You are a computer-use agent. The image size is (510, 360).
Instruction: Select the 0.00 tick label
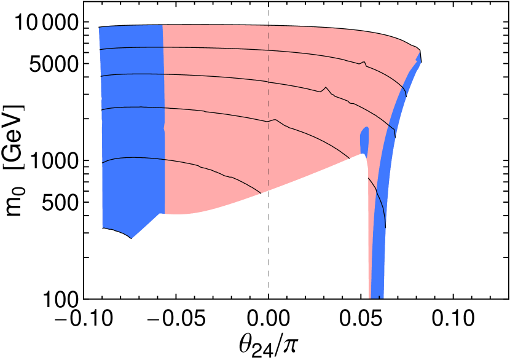click(269, 319)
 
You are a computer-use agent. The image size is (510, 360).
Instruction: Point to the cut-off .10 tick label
click(97, 319)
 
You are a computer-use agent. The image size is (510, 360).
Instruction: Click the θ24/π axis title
click(268, 345)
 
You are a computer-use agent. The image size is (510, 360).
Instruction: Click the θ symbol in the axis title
click(245, 343)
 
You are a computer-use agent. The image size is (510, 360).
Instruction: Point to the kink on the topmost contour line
click(364, 63)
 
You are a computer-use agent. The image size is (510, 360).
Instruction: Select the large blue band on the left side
click(131, 123)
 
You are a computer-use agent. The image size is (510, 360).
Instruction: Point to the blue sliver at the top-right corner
click(420, 59)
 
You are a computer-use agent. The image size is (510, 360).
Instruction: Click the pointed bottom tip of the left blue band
click(131, 237)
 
